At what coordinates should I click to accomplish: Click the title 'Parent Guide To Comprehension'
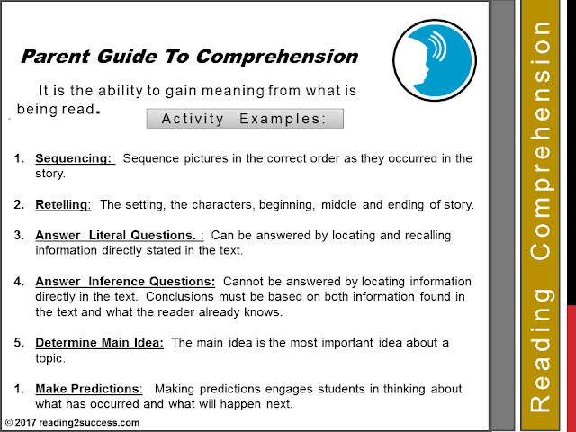click(x=189, y=57)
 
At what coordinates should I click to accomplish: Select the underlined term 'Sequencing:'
click(x=75, y=158)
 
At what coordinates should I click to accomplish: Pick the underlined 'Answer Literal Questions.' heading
click(x=119, y=236)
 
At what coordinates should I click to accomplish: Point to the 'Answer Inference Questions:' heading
click(x=125, y=282)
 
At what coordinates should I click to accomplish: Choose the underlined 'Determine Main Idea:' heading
click(x=99, y=343)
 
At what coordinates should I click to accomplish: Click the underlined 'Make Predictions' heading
click(x=88, y=389)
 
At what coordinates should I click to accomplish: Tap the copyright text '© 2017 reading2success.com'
click(x=73, y=422)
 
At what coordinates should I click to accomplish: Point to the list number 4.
click(x=19, y=282)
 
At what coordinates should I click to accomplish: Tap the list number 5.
click(x=19, y=343)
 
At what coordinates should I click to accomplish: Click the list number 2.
click(x=19, y=204)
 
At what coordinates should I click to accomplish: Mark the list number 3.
click(x=19, y=236)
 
